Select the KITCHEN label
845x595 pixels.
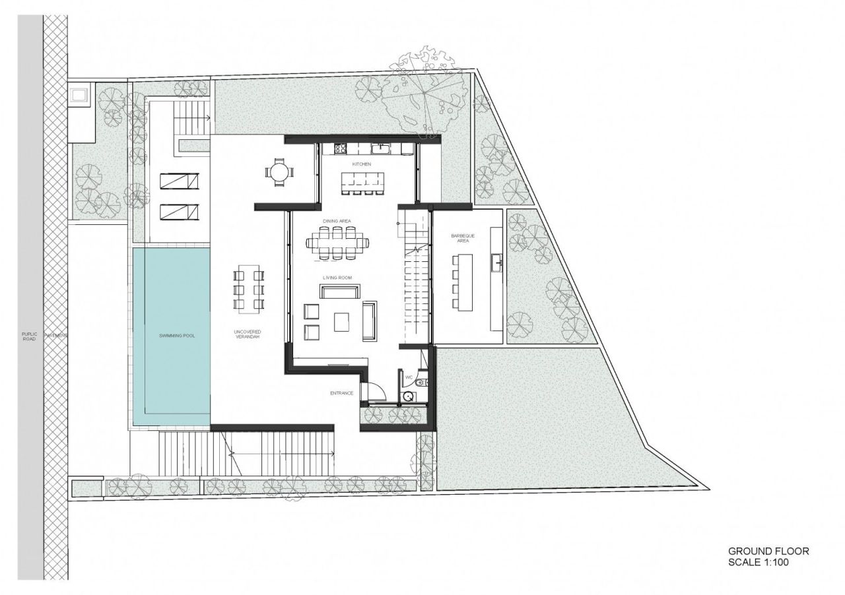coord(362,164)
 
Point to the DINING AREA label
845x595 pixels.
coord(335,221)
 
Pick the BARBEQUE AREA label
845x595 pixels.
coord(459,238)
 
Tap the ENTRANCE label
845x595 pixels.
coord(341,393)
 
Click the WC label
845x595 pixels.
coord(409,378)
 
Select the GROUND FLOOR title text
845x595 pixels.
coord(768,551)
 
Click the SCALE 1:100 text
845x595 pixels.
coord(758,563)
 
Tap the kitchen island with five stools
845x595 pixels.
coord(362,179)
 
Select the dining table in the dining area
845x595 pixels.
coord(337,242)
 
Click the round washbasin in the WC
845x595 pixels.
coord(409,396)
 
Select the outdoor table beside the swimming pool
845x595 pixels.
coord(249,288)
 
